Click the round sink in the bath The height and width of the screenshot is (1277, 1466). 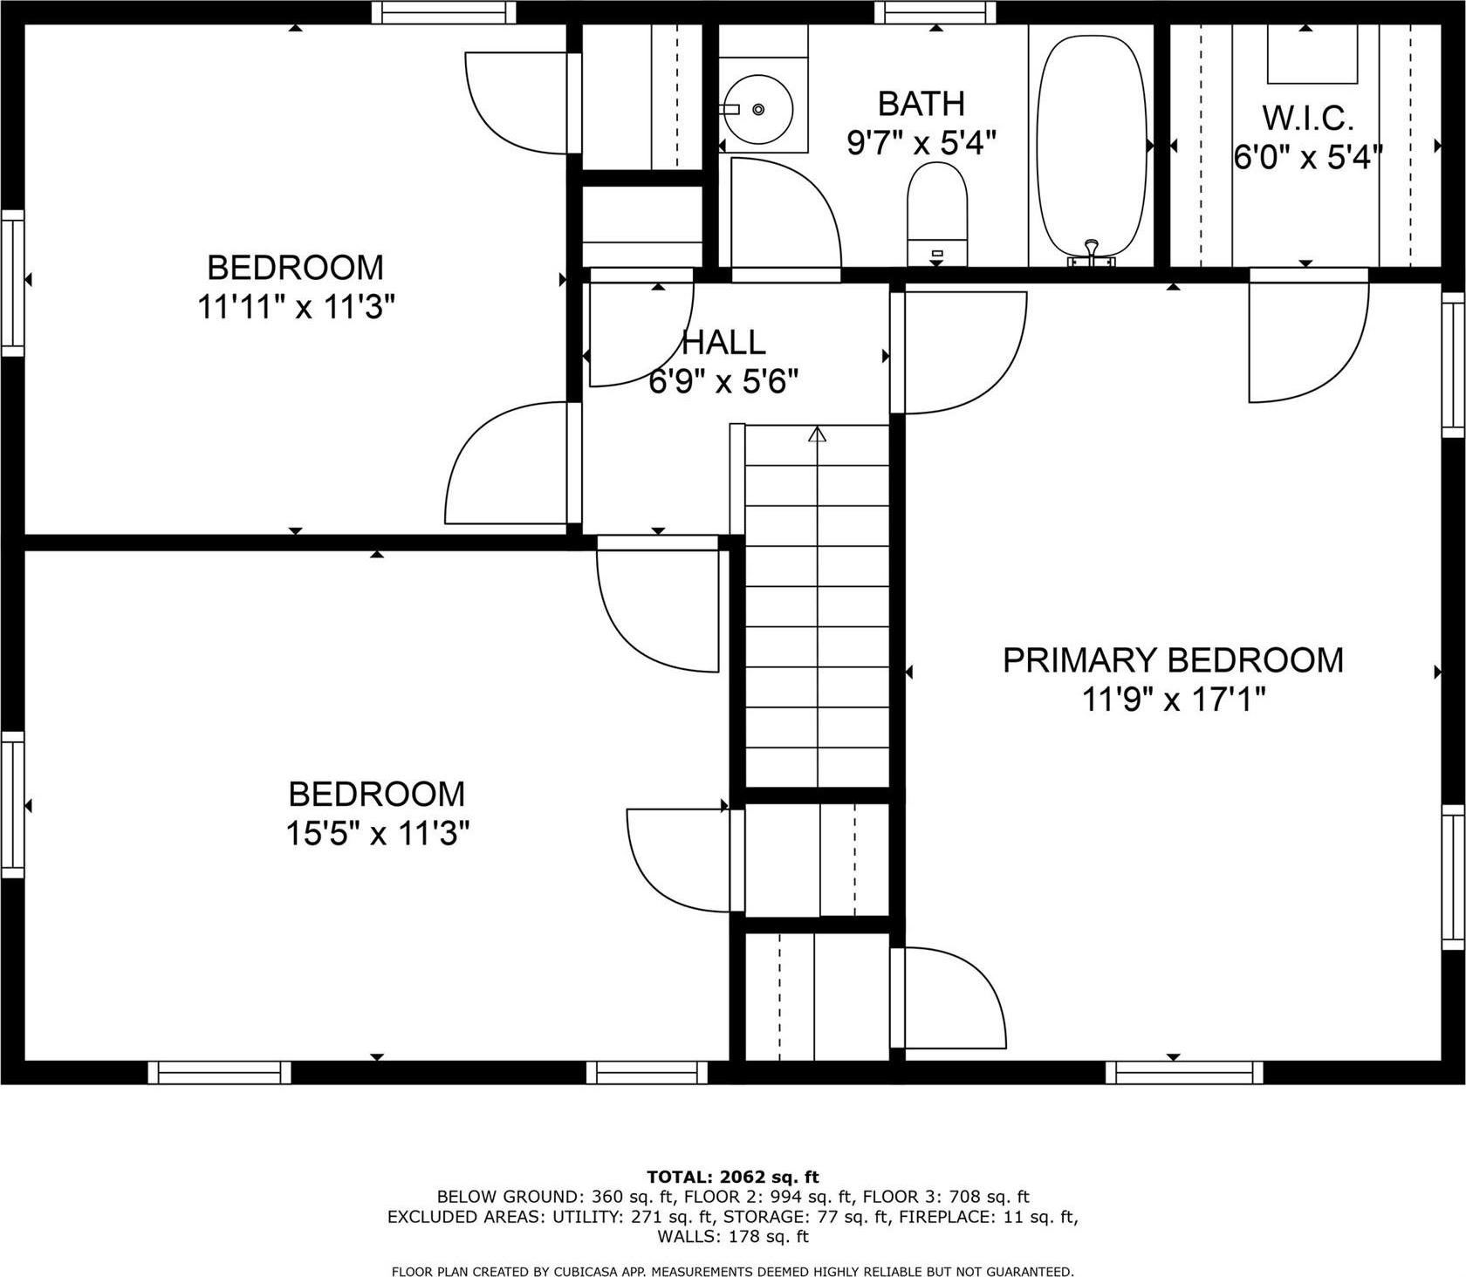click(757, 109)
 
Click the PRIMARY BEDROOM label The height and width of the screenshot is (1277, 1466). click(1173, 660)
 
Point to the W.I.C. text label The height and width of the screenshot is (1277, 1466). click(1307, 118)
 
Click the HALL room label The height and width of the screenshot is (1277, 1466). click(723, 343)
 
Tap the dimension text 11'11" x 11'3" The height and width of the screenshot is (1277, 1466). click(296, 307)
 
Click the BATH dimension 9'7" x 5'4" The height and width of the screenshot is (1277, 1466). click(921, 142)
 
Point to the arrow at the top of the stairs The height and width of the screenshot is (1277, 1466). click(817, 434)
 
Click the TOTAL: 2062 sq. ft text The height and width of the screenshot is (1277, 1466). click(733, 1177)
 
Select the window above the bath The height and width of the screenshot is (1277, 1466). click(935, 12)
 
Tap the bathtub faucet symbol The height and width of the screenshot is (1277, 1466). click(1092, 253)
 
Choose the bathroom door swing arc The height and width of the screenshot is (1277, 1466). click(785, 214)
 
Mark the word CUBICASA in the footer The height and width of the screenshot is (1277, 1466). click(583, 1272)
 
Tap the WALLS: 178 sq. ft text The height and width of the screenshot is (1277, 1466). click(733, 1237)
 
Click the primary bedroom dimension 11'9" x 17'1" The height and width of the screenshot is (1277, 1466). click(1173, 700)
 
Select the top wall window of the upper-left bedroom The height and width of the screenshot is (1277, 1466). click(443, 12)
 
